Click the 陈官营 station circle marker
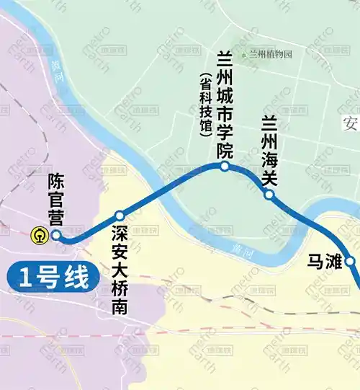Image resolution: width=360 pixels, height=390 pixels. point(56,235)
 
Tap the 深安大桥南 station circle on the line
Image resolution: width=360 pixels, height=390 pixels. point(120,215)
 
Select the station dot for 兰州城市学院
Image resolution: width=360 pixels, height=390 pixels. point(225,167)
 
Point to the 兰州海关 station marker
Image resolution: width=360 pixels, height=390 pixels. point(269,195)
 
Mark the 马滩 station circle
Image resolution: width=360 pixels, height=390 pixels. point(351,261)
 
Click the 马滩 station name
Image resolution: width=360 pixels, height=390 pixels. point(323,261)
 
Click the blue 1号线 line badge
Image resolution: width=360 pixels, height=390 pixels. point(52,276)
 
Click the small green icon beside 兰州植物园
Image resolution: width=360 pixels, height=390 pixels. point(244,55)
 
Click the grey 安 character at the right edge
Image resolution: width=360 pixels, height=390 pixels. point(351,120)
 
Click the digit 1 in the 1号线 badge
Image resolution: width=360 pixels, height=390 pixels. point(27,276)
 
